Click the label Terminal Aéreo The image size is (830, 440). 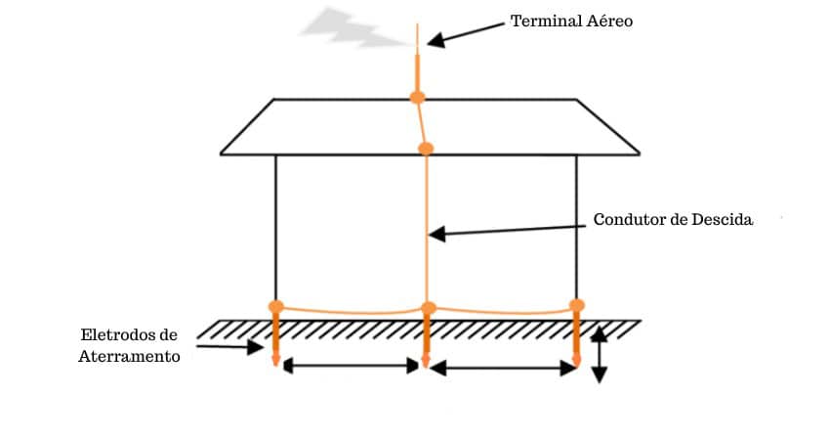click(x=572, y=21)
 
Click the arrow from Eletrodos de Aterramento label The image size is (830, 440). click(x=230, y=342)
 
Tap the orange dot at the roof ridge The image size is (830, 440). click(x=418, y=98)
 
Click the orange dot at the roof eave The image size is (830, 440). click(x=426, y=149)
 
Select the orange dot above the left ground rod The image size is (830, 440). click(x=276, y=307)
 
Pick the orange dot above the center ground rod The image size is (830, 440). click(x=428, y=309)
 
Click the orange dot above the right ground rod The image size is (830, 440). click(x=577, y=306)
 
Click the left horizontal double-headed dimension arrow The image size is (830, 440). click(x=352, y=367)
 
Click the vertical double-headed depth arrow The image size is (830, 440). click(x=600, y=354)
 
